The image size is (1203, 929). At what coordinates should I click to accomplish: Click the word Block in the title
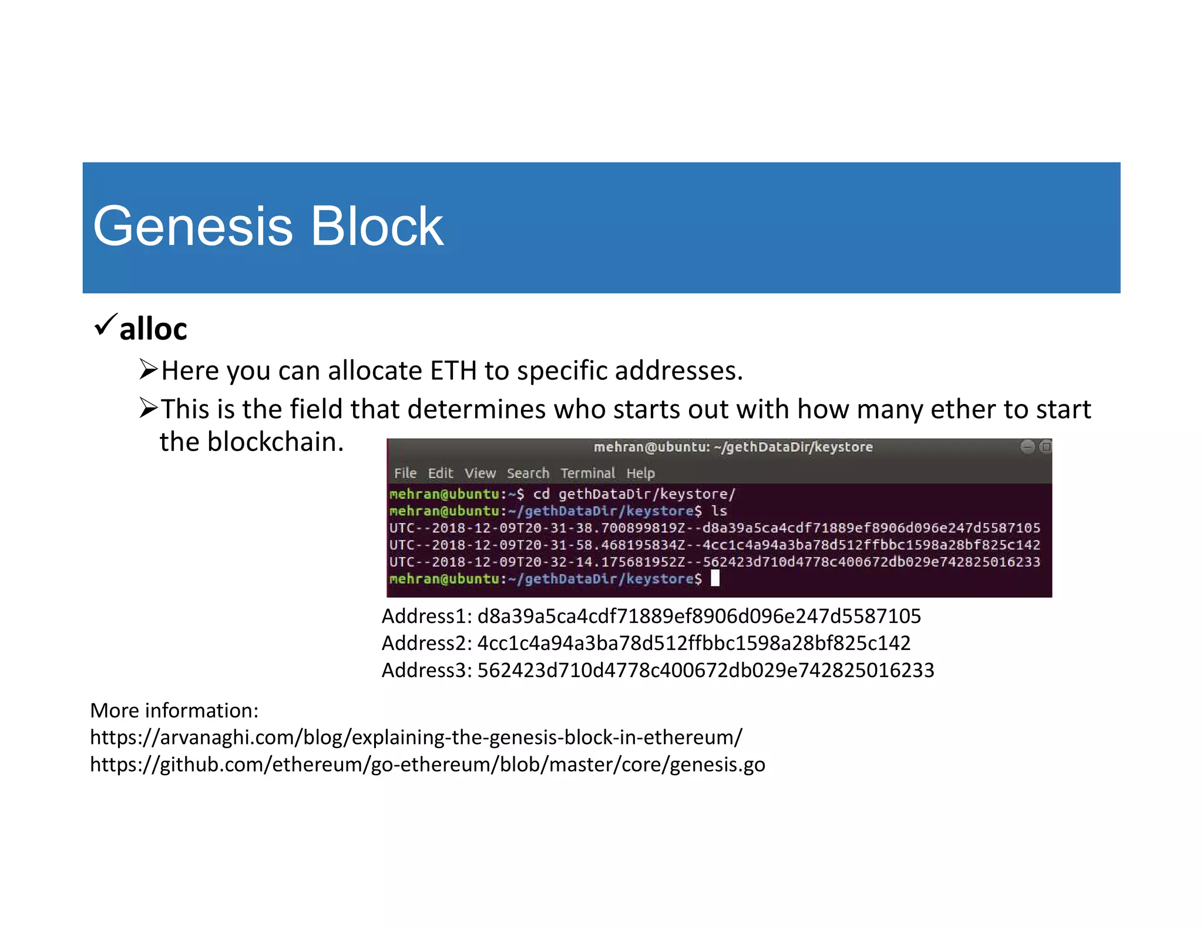click(x=377, y=227)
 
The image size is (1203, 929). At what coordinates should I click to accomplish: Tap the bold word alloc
click(x=153, y=329)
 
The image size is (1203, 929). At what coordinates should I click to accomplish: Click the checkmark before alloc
click(x=105, y=324)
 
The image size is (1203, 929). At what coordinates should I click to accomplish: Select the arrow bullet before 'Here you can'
click(x=148, y=370)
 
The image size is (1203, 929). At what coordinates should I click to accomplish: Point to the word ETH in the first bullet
click(x=453, y=371)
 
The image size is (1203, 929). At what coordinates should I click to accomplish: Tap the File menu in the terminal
click(x=405, y=473)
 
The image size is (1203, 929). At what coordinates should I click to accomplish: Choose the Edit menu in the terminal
click(x=440, y=473)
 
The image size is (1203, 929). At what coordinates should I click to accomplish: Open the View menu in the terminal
click(x=480, y=473)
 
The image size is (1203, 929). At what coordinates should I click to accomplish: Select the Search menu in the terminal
click(x=527, y=473)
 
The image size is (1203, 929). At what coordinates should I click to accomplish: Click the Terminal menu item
click(x=587, y=473)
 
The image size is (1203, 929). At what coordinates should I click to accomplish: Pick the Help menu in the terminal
click(x=640, y=473)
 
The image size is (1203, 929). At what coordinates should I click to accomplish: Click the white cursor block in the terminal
click(x=715, y=578)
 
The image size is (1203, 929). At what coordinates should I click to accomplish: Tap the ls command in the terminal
click(x=719, y=511)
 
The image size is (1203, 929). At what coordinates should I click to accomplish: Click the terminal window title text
click(x=732, y=447)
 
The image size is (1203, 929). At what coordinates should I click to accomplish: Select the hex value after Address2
click(x=694, y=643)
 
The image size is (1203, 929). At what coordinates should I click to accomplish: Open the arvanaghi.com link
click(x=416, y=738)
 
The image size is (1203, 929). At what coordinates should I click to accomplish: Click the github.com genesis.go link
click(x=427, y=765)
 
